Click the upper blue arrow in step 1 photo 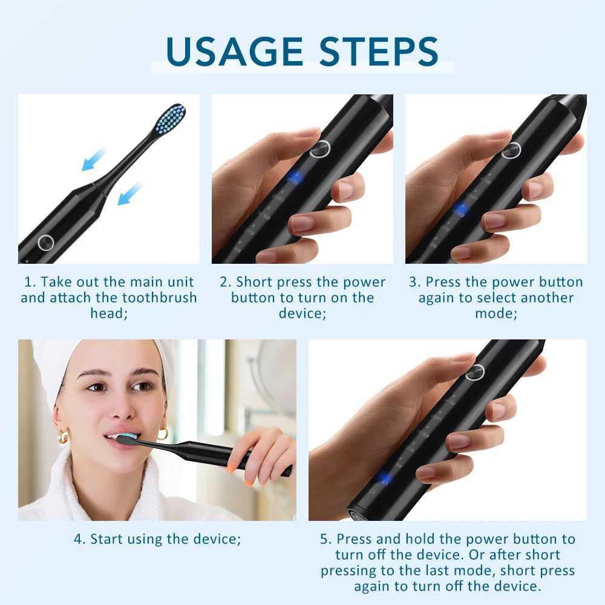pyautogui.click(x=93, y=160)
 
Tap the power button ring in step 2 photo pyautogui.click(x=320, y=149)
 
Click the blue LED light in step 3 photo pyautogui.click(x=461, y=209)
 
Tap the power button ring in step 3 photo pyautogui.click(x=511, y=149)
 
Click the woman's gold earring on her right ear pyautogui.click(x=63, y=436)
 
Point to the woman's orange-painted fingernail pyautogui.click(x=231, y=466)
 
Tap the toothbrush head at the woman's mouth pyautogui.click(x=129, y=438)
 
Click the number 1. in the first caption pyautogui.click(x=30, y=283)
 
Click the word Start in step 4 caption pyautogui.click(x=108, y=539)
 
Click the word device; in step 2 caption pyautogui.click(x=302, y=313)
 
